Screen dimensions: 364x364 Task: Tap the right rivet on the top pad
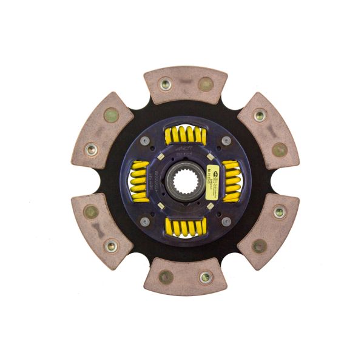tap(206, 84)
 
